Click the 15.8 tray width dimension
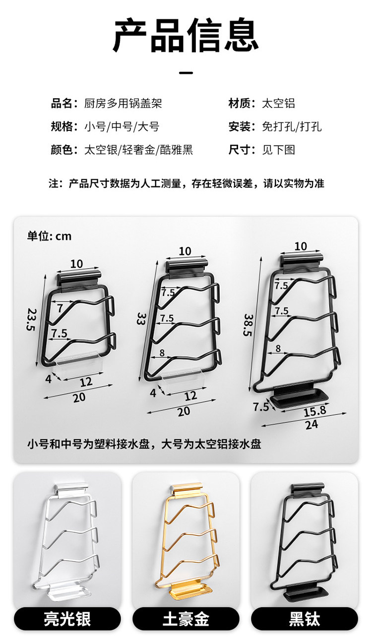pos(315,410)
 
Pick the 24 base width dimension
pos(312,424)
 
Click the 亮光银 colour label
pos(67,619)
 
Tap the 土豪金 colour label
pos(186,619)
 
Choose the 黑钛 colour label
pos(305,619)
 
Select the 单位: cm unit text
pos(49,236)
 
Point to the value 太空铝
pos(278,104)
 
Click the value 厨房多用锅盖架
pos(123,104)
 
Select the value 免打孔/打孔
pos(292,126)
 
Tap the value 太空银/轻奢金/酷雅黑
pos(138,150)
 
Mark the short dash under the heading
pos(186,73)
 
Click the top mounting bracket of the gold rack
pos(187,491)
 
